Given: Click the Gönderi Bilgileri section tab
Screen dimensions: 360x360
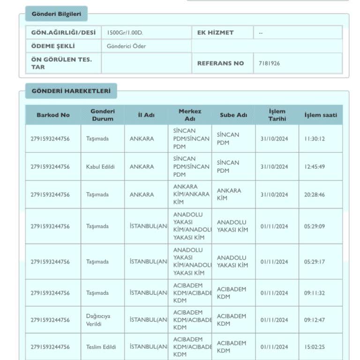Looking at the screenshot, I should click(x=56, y=14).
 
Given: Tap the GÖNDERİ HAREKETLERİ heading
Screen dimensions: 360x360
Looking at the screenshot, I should click(x=71, y=91).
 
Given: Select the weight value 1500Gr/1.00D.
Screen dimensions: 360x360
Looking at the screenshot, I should click(x=124, y=32).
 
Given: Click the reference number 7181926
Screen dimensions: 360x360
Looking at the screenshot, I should click(x=270, y=63).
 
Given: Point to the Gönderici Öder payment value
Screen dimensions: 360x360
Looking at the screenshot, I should click(x=126, y=46).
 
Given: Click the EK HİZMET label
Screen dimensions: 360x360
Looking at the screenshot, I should click(x=215, y=32).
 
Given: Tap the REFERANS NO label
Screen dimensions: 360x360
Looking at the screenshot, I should click(x=220, y=63).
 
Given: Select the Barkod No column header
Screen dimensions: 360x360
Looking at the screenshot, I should click(x=53, y=115).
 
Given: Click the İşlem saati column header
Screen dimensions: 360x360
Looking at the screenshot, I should click(x=321, y=115).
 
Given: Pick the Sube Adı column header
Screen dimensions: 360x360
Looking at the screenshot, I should click(x=233, y=115).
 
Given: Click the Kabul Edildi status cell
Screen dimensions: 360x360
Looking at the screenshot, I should click(x=100, y=167).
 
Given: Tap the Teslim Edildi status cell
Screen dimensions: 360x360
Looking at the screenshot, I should click(x=101, y=347).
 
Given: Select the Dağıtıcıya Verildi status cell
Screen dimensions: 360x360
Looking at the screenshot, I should click(x=98, y=320).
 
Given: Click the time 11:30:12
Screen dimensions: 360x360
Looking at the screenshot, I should click(x=314, y=139).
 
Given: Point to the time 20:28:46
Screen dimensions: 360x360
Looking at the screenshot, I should click(x=314, y=195).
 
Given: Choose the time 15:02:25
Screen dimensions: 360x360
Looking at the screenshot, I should click(x=314, y=347).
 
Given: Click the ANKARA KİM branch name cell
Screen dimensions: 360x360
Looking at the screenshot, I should click(x=229, y=195).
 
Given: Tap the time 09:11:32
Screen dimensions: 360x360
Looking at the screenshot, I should click(x=314, y=293).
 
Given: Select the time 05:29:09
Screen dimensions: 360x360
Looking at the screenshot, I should click(x=314, y=226).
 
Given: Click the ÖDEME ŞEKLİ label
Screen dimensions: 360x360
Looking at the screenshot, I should click(x=53, y=46).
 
